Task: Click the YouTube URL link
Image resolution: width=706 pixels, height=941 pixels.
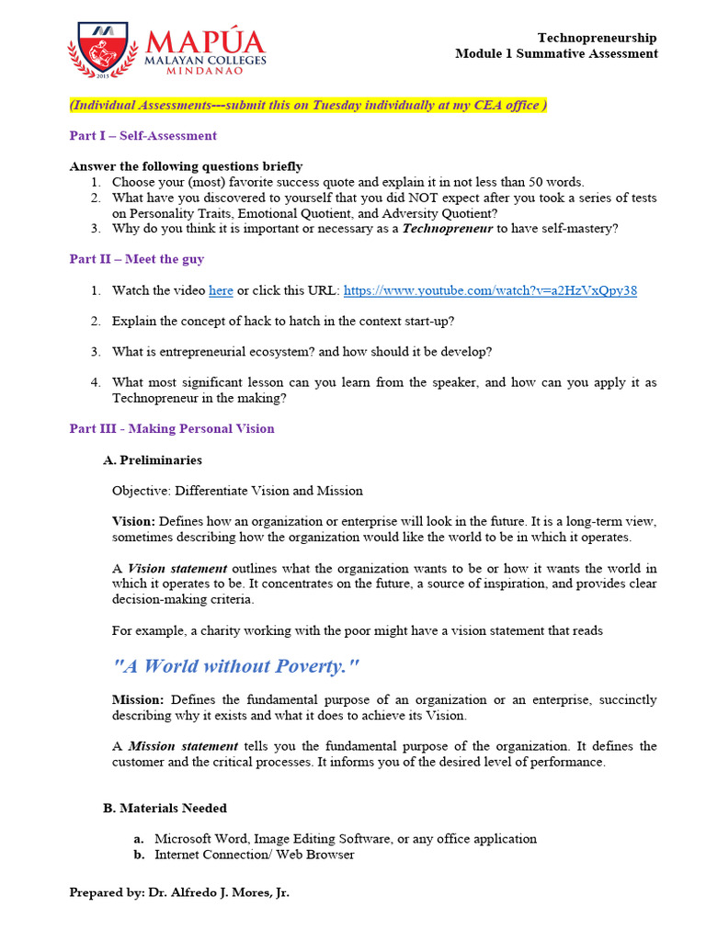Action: tap(489, 290)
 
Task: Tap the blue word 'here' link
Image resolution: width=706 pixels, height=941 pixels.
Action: tap(221, 290)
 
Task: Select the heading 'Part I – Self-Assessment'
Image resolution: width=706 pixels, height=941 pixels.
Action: tap(143, 135)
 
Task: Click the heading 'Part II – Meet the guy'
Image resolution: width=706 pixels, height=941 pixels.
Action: tap(137, 259)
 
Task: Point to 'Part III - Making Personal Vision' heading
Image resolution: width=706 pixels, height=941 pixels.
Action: tap(172, 428)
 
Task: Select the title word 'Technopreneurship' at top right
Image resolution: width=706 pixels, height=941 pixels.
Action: tap(597, 38)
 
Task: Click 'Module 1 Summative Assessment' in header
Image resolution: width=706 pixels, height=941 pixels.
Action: tap(556, 53)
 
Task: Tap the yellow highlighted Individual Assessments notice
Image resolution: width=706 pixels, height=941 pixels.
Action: tap(308, 105)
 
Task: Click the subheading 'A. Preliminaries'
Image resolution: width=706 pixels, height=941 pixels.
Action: tap(153, 459)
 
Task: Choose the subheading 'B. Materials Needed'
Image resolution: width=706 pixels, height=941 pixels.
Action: tap(165, 808)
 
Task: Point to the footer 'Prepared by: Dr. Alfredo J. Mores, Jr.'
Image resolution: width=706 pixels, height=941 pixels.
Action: tap(179, 892)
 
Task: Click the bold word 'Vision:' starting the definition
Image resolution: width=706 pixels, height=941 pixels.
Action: tap(133, 521)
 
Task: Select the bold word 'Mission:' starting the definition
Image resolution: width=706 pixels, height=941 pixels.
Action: tap(138, 699)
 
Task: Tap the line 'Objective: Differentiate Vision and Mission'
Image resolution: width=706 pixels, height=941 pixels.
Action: tap(237, 490)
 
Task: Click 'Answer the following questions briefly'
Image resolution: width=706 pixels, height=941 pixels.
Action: tap(186, 166)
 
